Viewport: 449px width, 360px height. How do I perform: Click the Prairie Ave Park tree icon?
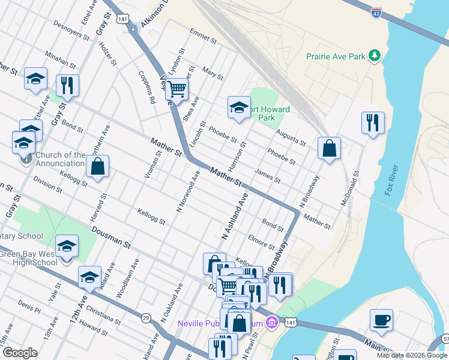click(375, 56)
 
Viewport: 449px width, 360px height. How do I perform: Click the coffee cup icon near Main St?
click(381, 319)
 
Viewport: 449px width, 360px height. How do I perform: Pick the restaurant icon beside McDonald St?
click(373, 122)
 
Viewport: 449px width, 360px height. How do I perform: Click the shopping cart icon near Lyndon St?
click(177, 89)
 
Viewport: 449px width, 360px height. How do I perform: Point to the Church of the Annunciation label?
click(60, 159)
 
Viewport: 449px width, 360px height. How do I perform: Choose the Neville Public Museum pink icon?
click(271, 323)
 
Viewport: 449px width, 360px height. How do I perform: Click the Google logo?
click(20, 353)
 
